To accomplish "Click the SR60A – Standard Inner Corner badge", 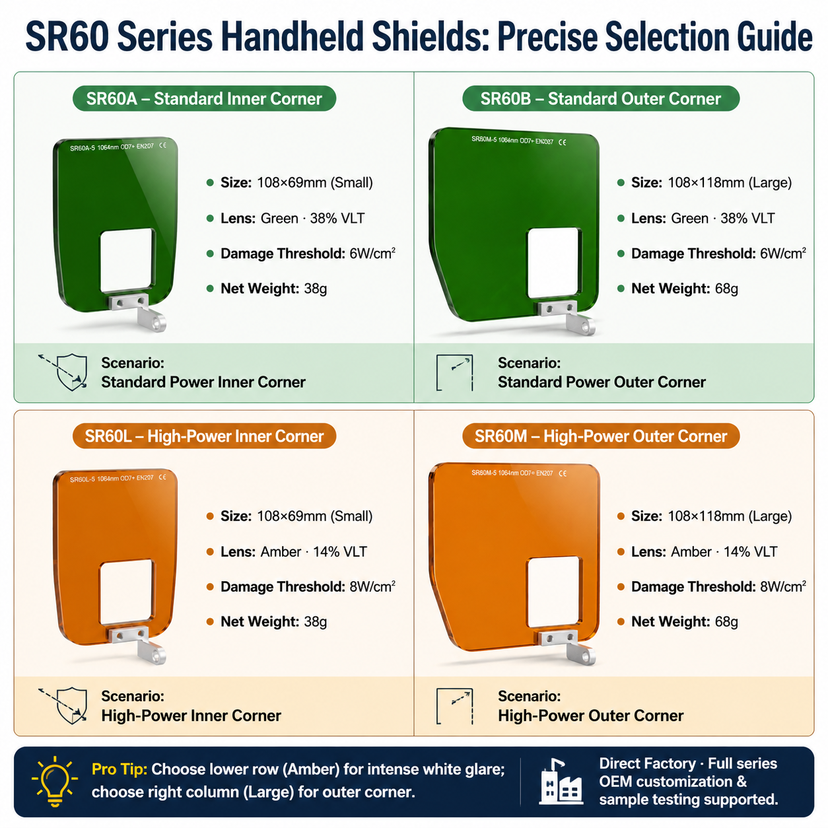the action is [x=204, y=98].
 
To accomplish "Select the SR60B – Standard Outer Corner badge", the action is [x=600, y=98].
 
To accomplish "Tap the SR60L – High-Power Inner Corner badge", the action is [x=204, y=436].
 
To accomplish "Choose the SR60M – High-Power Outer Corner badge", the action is [x=600, y=436].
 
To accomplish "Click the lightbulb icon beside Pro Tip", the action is [x=55, y=780].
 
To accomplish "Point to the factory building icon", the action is [x=561, y=780].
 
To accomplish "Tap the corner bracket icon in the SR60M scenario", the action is [x=454, y=707].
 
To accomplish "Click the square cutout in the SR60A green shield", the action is [x=127, y=260].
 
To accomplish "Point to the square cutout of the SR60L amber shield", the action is [x=126, y=592].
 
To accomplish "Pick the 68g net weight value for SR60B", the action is [x=726, y=289].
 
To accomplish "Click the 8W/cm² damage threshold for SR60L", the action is [x=372, y=586].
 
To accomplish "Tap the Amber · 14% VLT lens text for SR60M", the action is [x=724, y=552].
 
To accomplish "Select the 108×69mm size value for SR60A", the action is [x=292, y=183].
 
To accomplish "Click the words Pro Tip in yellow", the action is [x=120, y=769].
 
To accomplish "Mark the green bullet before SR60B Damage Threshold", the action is [x=621, y=254].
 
